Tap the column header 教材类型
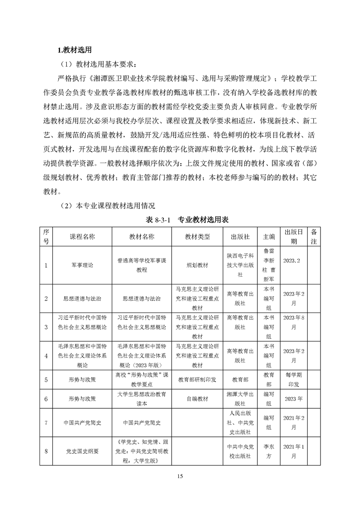[197, 237]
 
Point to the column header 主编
[269, 237]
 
